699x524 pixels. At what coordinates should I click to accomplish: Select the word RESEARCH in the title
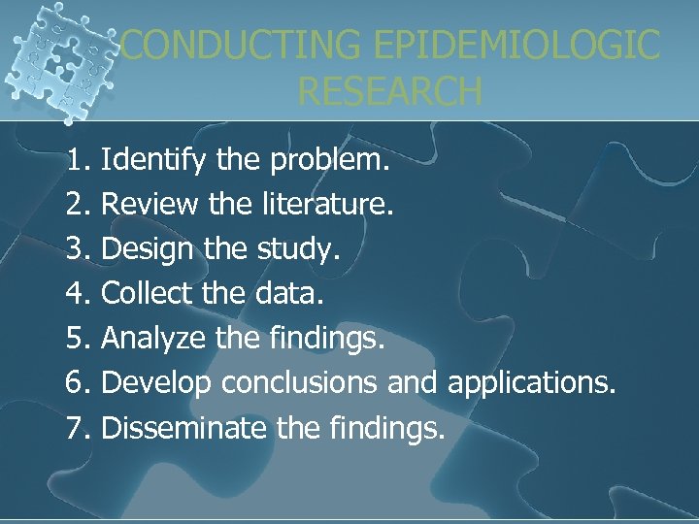click(x=389, y=91)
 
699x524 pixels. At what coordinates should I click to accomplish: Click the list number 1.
click(x=77, y=159)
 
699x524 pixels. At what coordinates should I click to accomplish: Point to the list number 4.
click(x=77, y=293)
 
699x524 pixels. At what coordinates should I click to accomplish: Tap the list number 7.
click(x=77, y=427)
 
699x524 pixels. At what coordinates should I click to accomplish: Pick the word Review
click(x=147, y=204)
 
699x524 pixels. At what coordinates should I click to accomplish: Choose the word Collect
click(x=145, y=293)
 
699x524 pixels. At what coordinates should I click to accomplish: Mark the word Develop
click(x=155, y=382)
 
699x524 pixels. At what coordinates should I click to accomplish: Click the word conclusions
click(x=298, y=382)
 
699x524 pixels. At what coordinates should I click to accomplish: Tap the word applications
click(x=531, y=382)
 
